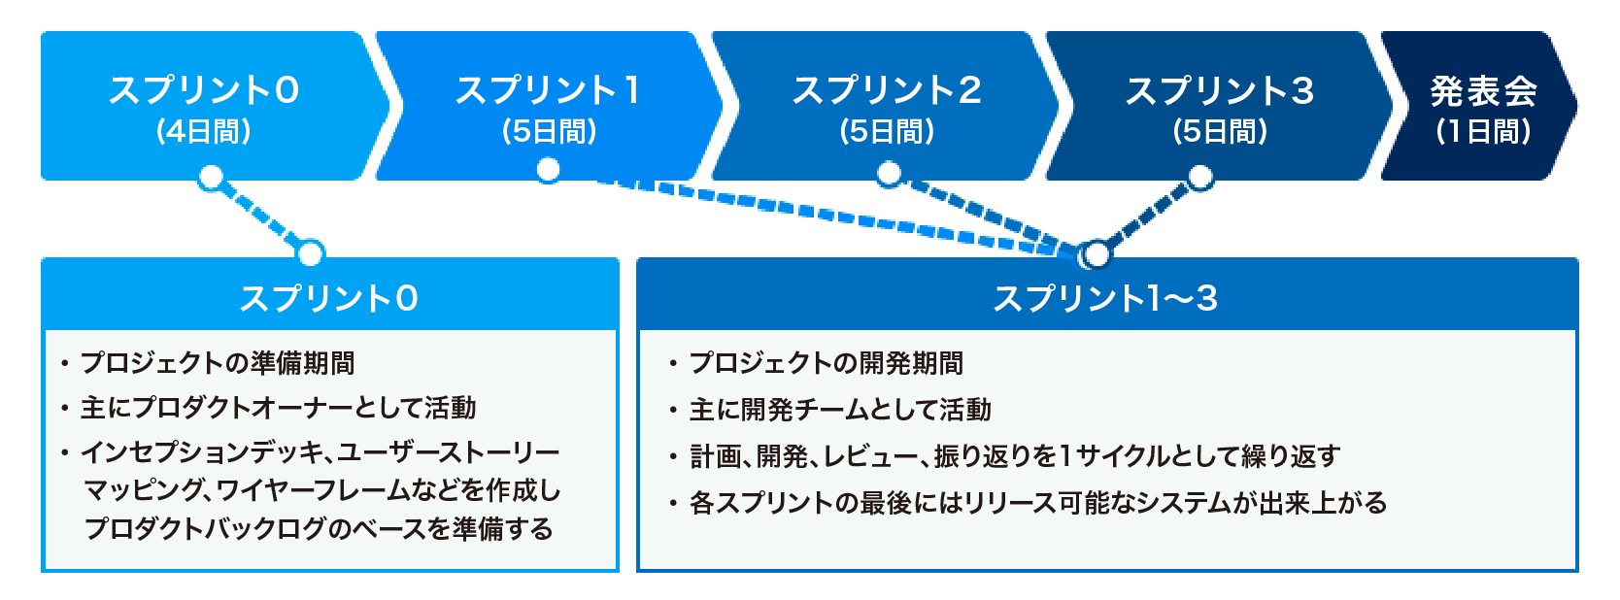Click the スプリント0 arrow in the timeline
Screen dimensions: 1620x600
[210, 106]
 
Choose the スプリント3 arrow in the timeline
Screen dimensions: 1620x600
[1220, 106]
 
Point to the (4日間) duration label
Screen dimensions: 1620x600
[204, 132]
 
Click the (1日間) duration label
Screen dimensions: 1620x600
[1483, 132]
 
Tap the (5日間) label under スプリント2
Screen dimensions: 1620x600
[888, 132]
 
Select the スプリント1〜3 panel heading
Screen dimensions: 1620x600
[1106, 299]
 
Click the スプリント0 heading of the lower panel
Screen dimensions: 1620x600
[329, 299]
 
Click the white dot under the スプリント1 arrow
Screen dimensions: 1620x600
[548, 170]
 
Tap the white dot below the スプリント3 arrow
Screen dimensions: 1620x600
[1200, 177]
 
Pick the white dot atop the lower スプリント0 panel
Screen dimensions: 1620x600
[310, 253]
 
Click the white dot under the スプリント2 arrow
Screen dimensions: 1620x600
[889, 174]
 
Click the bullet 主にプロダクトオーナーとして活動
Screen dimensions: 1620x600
[269, 409]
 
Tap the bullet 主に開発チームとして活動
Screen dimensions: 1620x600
[830, 410]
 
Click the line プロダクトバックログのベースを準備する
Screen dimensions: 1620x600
[319, 529]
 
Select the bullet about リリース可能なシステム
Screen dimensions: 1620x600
[1029, 503]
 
